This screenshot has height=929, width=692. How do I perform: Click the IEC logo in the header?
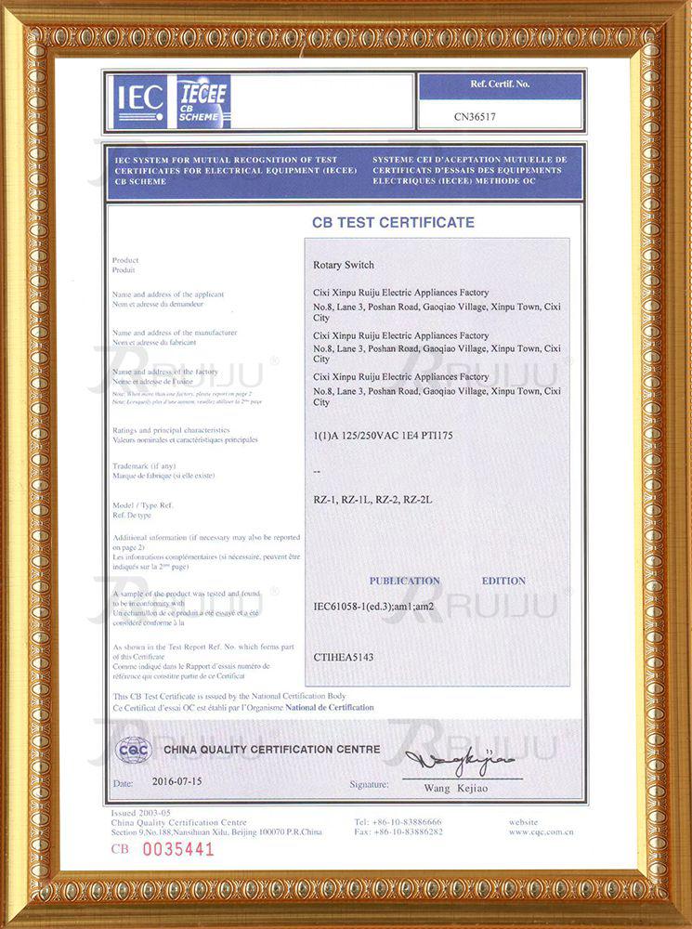tap(139, 98)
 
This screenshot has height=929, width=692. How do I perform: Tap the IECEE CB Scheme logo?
tap(202, 99)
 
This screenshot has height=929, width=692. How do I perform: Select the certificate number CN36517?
tap(475, 118)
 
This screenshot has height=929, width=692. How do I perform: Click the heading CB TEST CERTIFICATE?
tap(393, 223)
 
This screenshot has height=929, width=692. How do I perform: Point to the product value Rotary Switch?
tap(344, 265)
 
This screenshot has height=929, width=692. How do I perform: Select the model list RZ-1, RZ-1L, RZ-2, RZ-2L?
tap(373, 500)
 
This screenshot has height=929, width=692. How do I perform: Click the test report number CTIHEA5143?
tap(344, 656)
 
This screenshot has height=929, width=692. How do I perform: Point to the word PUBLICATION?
tap(404, 581)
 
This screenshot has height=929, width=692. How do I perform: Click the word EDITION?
tap(503, 581)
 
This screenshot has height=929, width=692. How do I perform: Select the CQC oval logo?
tap(134, 750)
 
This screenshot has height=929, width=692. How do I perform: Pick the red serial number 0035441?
tap(177, 848)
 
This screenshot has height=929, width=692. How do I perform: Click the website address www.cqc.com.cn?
tap(541, 832)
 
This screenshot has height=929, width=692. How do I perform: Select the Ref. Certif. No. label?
tap(500, 85)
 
